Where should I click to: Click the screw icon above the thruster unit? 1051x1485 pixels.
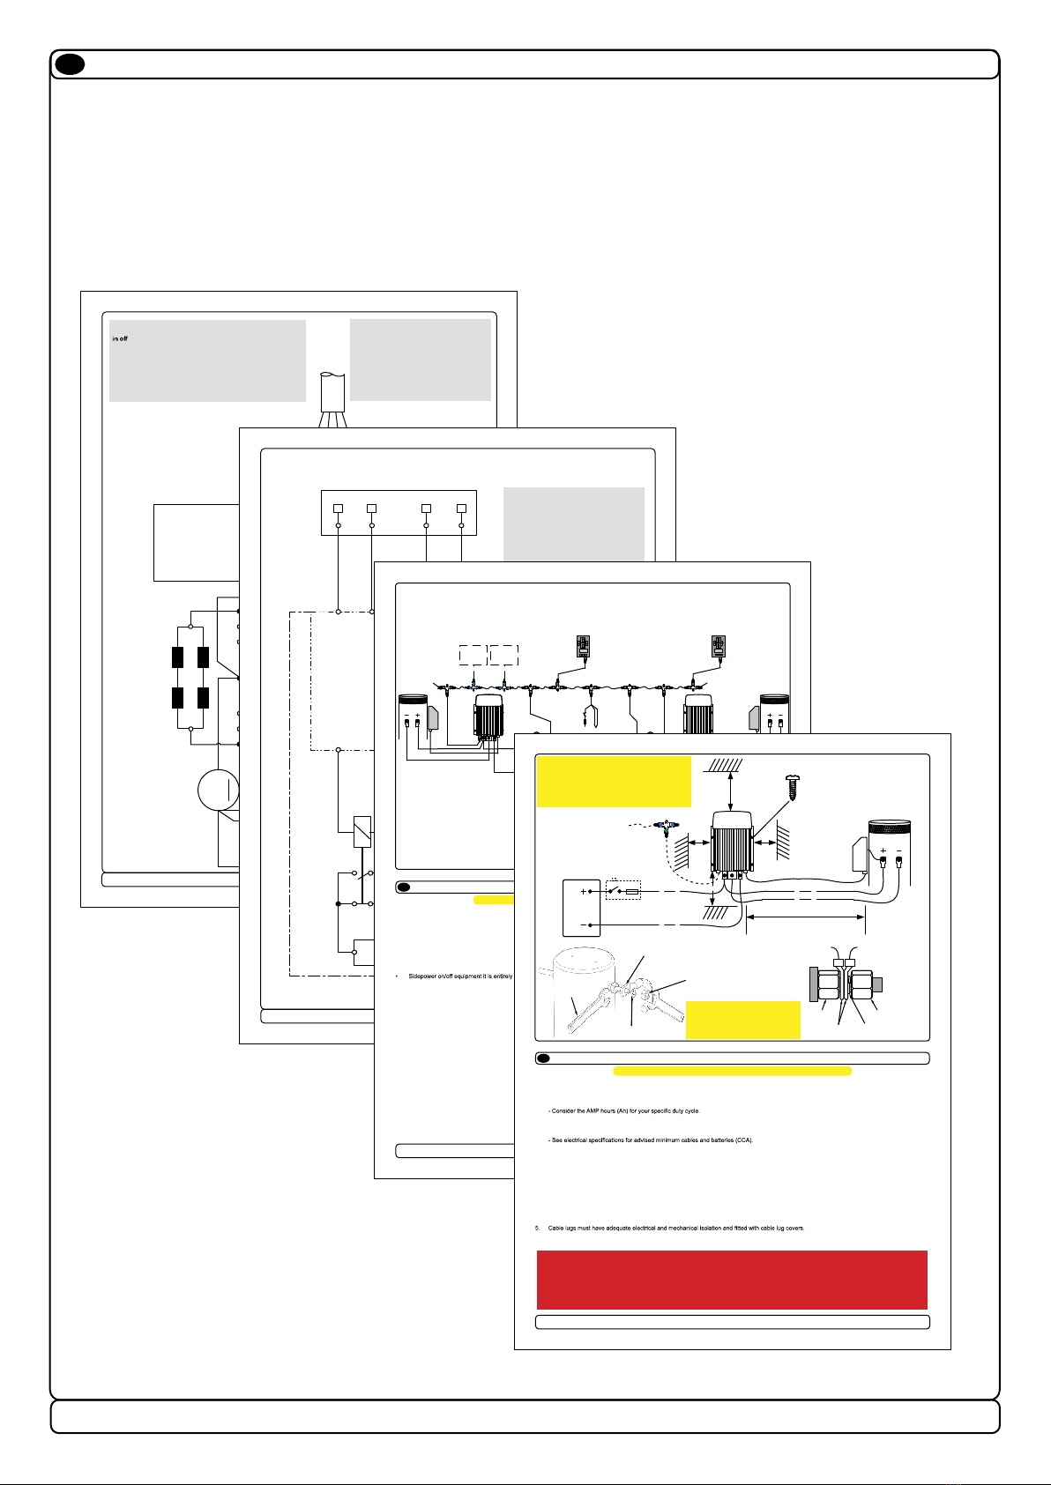[x=792, y=783]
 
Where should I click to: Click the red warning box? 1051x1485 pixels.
[x=732, y=1279]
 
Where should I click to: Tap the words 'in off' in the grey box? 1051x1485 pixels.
[x=120, y=338]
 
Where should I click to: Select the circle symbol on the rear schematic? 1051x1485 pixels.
[x=219, y=790]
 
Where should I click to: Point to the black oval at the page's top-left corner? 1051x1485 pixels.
[x=68, y=64]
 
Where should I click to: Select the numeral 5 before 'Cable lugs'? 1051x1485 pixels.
[x=537, y=1228]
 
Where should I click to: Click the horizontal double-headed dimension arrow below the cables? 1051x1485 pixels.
[x=806, y=917]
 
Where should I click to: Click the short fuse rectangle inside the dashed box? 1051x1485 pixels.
[x=631, y=892]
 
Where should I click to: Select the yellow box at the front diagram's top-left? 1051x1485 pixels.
[x=614, y=781]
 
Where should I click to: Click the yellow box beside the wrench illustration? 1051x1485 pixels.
[x=742, y=1020]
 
